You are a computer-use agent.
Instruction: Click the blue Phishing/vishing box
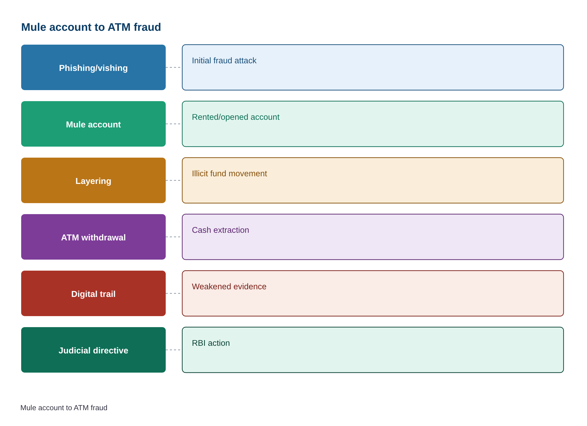coord(93,67)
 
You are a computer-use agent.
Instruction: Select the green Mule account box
coord(93,124)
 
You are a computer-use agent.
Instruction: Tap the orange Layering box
coord(93,180)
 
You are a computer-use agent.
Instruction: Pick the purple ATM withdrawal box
coord(93,237)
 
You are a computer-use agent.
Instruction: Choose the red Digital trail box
coord(93,293)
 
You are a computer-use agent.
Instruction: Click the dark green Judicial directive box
coord(93,350)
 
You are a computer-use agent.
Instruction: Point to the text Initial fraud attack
coord(224,60)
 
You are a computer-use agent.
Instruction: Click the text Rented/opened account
coord(236,117)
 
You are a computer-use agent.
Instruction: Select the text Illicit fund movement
coord(229,173)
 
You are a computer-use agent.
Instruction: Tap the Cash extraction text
coord(220,230)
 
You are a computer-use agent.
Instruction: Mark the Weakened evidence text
coord(229,286)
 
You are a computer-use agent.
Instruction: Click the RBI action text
coord(211,343)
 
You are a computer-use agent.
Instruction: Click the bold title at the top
coord(91,27)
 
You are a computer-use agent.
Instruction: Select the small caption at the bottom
coord(64,408)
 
